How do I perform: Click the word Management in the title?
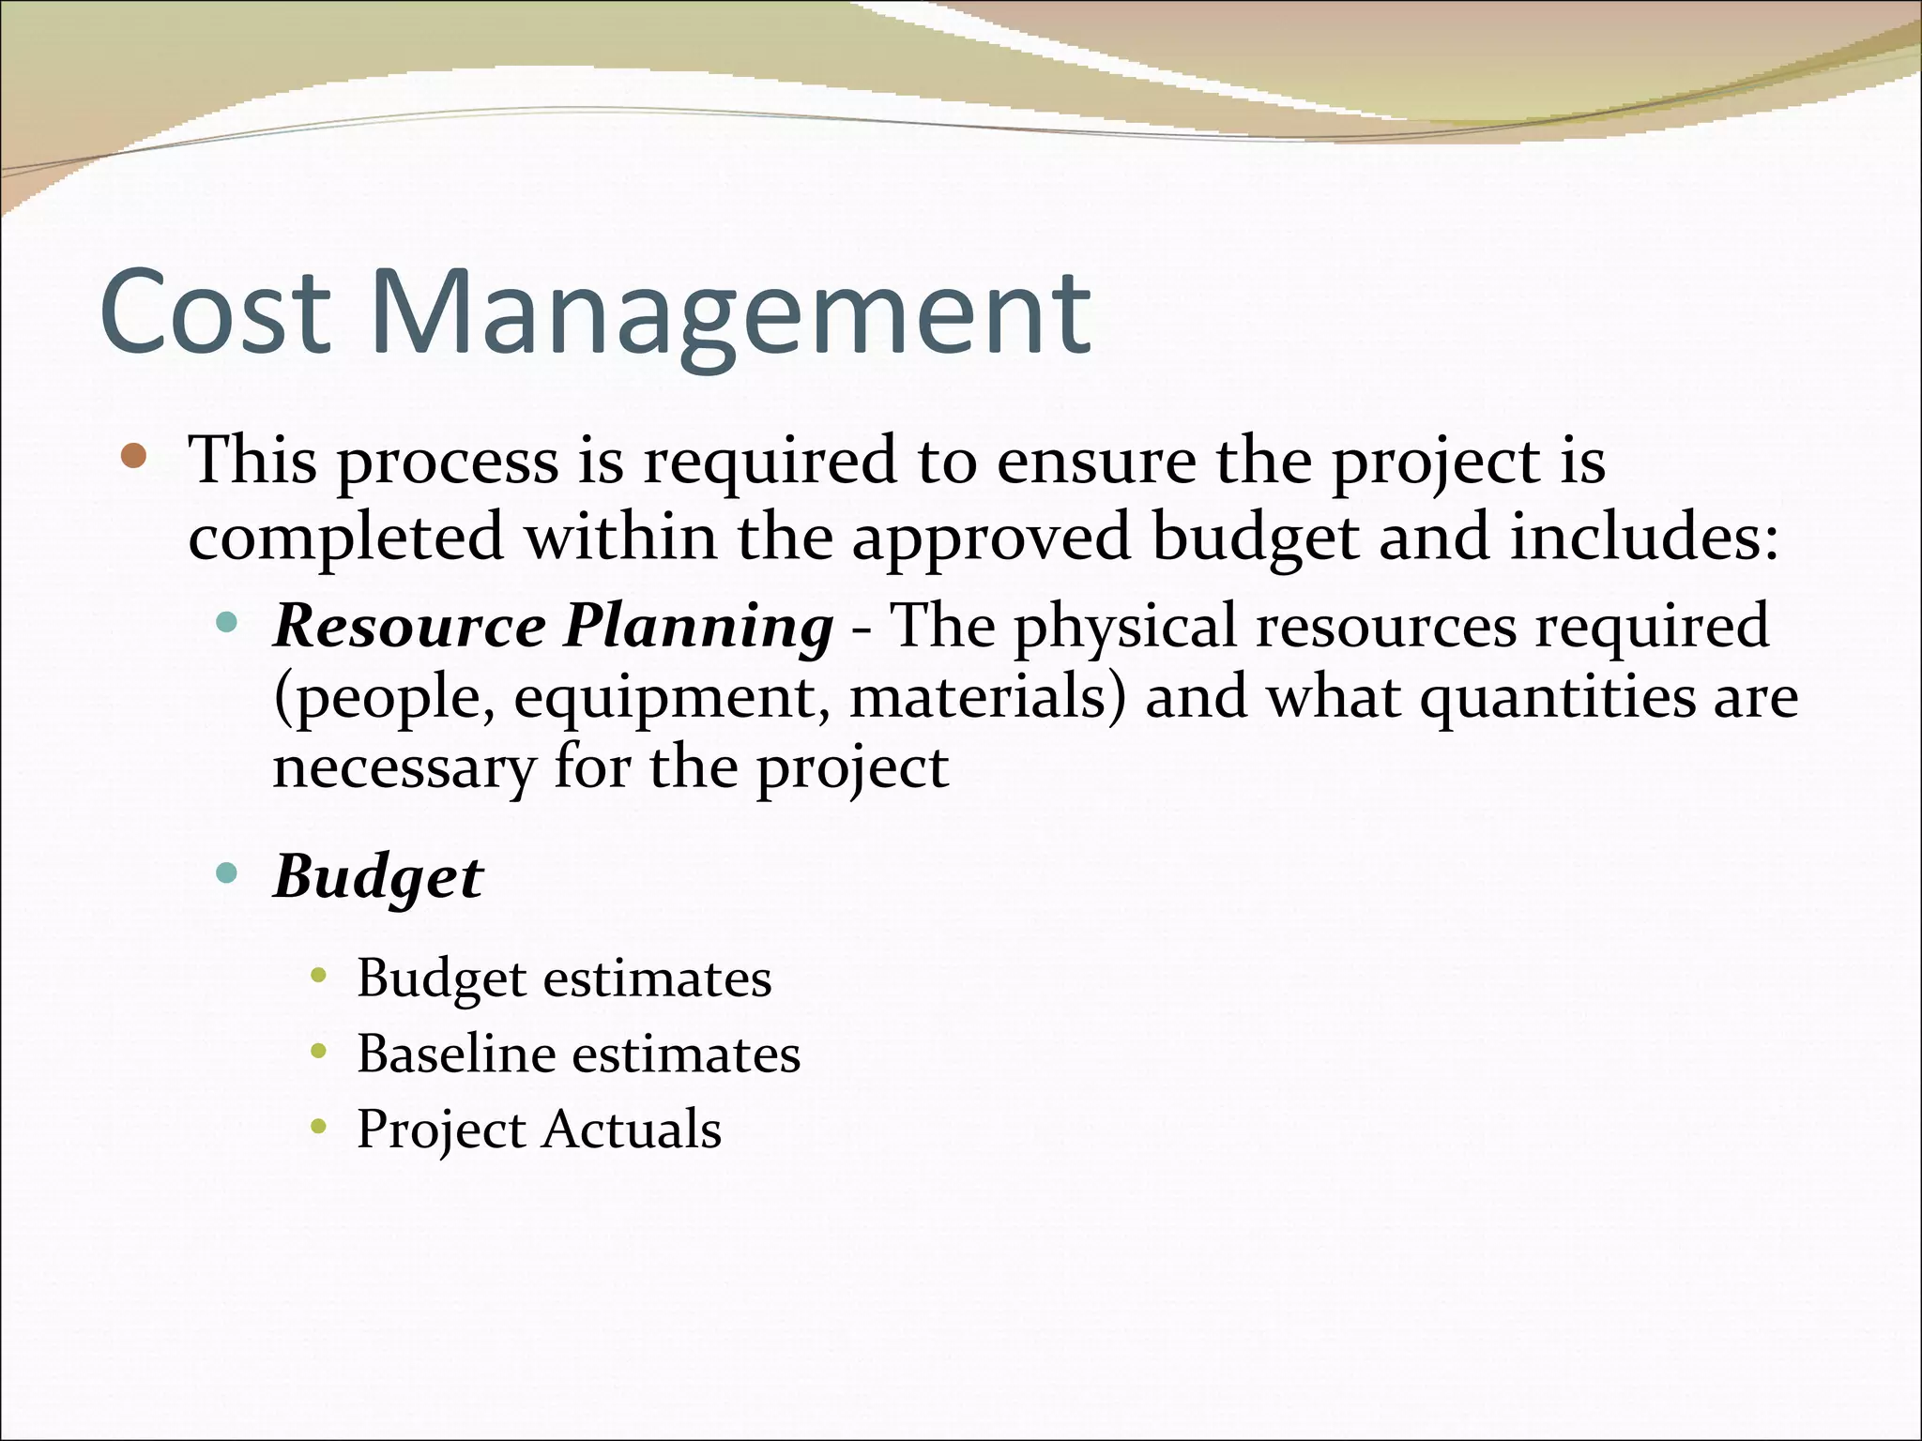click(x=730, y=313)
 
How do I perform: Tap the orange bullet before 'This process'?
click(x=134, y=457)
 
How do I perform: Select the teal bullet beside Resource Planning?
click(x=226, y=621)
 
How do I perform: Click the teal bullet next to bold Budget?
click(x=226, y=872)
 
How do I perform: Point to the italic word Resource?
click(x=409, y=626)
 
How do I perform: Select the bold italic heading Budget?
click(x=377, y=878)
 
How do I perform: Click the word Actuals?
click(x=632, y=1129)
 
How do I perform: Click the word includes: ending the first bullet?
click(x=1642, y=537)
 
